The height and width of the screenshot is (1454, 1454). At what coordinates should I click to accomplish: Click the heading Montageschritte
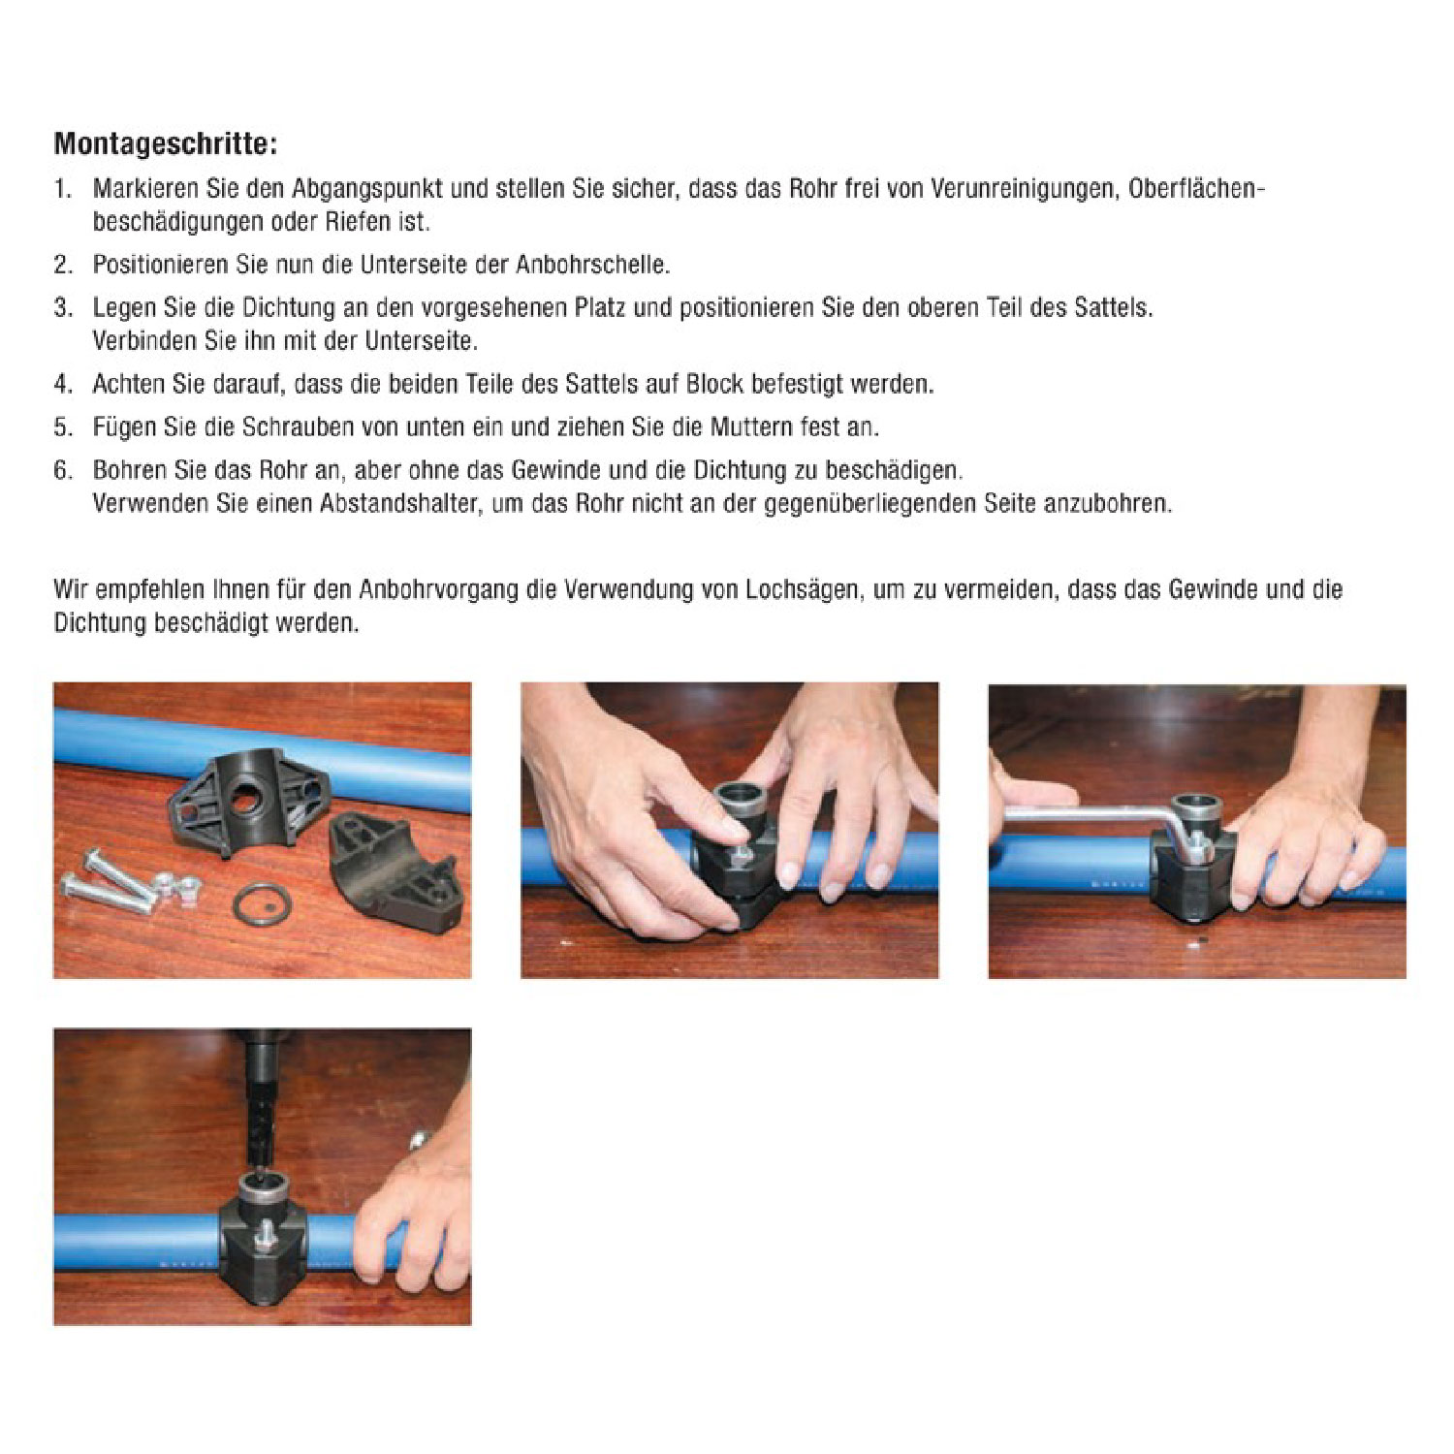point(165,145)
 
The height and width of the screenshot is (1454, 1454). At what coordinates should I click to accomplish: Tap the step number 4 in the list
point(62,384)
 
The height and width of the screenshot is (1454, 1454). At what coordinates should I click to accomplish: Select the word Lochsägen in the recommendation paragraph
point(802,590)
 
